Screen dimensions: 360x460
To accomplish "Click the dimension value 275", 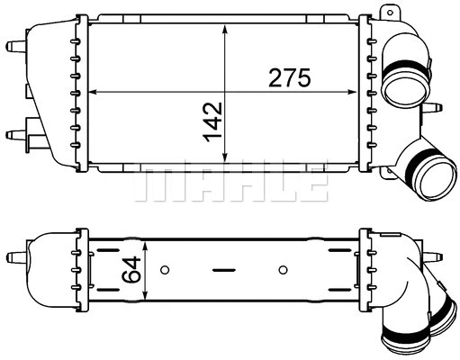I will point(290,78).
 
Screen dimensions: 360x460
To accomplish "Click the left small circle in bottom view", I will point(164,268).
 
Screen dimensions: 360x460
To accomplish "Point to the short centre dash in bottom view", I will point(222,268).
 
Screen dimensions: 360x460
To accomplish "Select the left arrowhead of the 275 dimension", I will point(95,92).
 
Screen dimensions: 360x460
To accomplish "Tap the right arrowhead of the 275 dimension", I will point(354,92).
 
